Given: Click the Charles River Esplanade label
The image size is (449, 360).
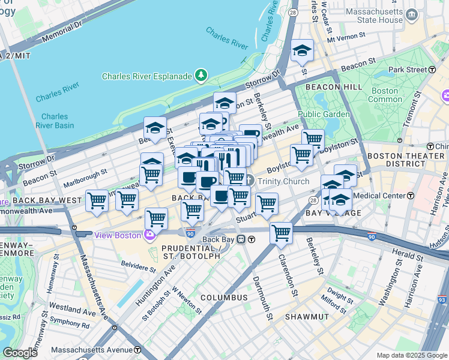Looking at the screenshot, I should pyautogui.click(x=146, y=76).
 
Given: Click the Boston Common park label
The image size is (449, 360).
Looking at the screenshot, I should pyautogui.click(x=385, y=95).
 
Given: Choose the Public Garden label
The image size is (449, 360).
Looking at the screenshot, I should pyautogui.click(x=323, y=114).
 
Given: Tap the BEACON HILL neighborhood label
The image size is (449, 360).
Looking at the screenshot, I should pyautogui.click(x=334, y=87).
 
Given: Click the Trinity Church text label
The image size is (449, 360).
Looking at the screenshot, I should pyautogui.click(x=283, y=181).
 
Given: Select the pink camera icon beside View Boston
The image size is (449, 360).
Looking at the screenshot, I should pyautogui.click(x=149, y=235).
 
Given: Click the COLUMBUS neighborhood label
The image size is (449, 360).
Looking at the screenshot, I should pyautogui.click(x=224, y=298).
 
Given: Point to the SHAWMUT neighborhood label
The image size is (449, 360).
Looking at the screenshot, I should pyautogui.click(x=307, y=316).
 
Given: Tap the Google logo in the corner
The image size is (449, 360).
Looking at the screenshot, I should pyautogui.click(x=20, y=353).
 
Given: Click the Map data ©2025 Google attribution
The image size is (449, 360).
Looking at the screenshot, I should pyautogui.click(x=411, y=355).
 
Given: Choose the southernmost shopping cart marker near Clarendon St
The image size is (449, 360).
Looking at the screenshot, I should pyautogui.click(x=281, y=233).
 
